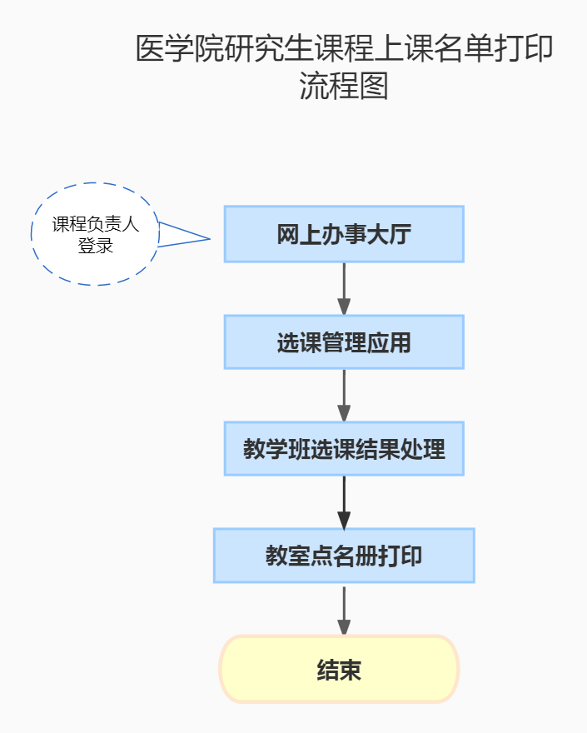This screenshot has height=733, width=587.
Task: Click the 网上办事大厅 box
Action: (343, 234)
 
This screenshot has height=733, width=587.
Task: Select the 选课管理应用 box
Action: (343, 342)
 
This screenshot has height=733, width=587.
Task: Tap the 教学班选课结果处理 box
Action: (343, 449)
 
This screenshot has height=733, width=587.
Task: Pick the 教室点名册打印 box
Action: (343, 556)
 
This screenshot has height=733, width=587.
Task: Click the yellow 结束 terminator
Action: (339, 669)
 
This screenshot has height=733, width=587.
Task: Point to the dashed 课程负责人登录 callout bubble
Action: (95, 234)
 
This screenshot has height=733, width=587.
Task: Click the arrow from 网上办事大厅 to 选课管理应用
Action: (344, 288)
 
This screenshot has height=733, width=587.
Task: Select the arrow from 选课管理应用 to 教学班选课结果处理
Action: (344, 395)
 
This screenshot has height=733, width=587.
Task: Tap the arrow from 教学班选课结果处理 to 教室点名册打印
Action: (344, 502)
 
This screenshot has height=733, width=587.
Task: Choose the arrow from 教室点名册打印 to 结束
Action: (344, 611)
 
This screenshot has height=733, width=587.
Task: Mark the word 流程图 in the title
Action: (344, 86)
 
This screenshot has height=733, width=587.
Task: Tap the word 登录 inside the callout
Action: (95, 246)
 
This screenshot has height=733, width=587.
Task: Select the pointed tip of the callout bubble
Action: (209, 239)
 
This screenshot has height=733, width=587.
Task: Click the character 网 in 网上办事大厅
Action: (287, 235)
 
